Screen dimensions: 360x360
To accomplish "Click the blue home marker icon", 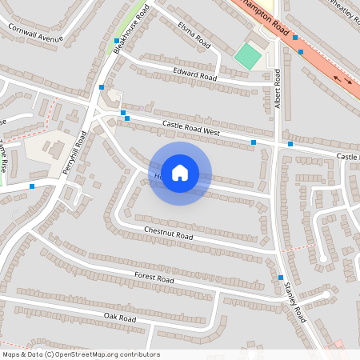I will (180, 173).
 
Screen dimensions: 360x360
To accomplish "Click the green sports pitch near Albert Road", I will (248, 56).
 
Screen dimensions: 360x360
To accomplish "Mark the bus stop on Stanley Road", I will (281, 278).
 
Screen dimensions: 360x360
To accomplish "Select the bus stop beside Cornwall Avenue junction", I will (117, 40).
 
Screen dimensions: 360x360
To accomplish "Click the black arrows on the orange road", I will (346, 81).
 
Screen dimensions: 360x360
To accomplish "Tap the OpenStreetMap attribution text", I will (81, 354).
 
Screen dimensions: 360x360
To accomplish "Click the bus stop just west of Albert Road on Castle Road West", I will (254, 142).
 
